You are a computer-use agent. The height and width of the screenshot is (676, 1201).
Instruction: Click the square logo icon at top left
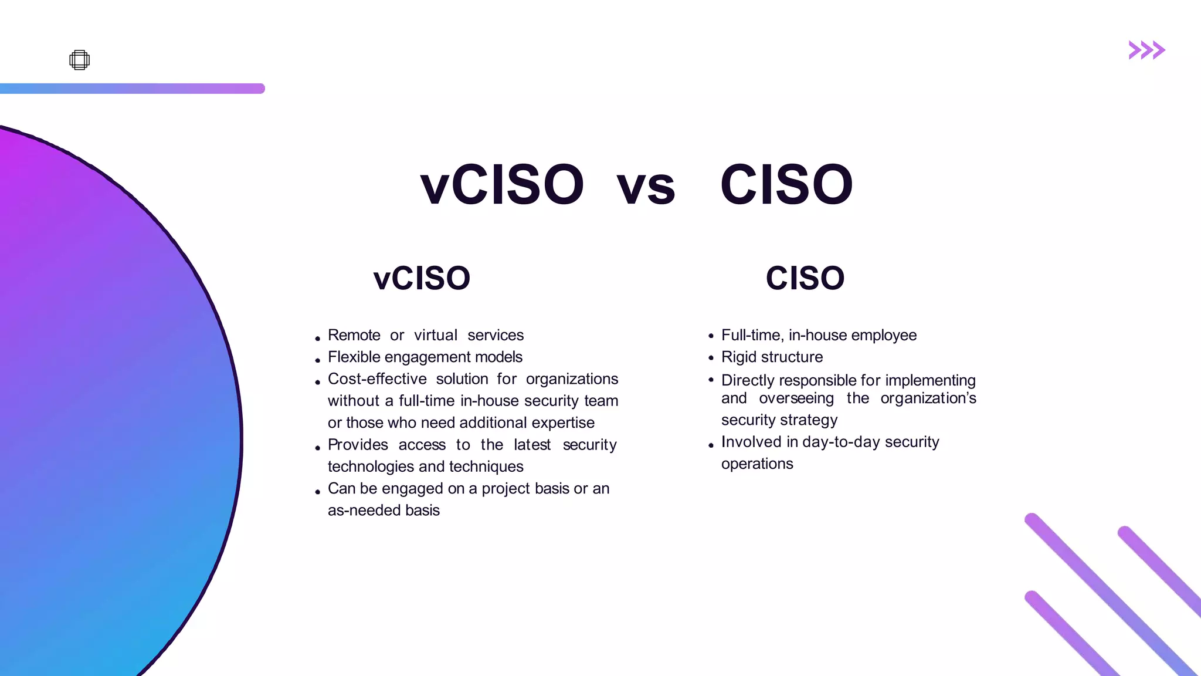[79, 60]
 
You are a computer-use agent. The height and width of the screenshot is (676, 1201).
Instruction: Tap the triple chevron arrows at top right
[1146, 50]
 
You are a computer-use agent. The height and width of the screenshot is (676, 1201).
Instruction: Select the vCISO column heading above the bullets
[422, 278]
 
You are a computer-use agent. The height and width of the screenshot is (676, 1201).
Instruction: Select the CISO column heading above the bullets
[805, 278]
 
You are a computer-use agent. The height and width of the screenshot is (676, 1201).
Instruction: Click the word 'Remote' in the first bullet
[354, 335]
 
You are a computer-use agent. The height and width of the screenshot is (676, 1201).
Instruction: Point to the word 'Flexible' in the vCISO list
[354, 357]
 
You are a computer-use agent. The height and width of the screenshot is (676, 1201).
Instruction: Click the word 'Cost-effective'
[377, 379]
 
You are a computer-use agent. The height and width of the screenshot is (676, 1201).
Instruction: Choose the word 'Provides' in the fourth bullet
[358, 445]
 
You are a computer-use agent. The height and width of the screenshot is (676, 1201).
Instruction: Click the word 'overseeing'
[796, 398]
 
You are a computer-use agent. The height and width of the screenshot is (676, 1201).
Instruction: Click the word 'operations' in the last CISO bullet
[756, 464]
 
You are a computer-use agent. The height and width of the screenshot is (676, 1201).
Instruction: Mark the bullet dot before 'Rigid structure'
[711, 357]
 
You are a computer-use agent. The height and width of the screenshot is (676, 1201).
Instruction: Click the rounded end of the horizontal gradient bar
[260, 89]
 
